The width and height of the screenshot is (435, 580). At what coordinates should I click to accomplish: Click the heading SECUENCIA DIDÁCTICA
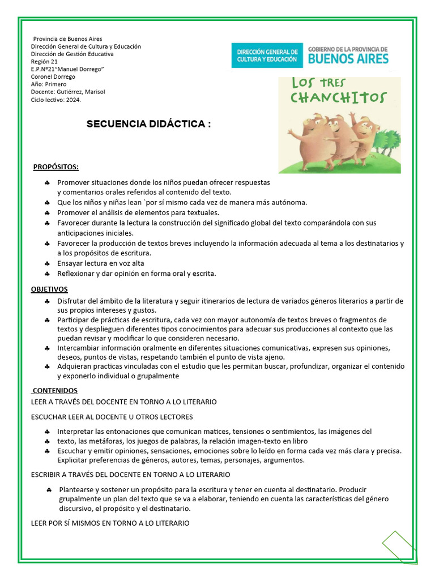tap(148, 124)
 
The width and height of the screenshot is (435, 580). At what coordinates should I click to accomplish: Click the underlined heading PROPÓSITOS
tap(56, 167)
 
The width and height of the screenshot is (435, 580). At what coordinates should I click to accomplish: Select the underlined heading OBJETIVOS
tap(49, 289)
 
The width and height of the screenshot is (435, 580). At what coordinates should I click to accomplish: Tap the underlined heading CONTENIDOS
tap(55, 391)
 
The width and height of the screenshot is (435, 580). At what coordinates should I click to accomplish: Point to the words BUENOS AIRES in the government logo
tap(348, 59)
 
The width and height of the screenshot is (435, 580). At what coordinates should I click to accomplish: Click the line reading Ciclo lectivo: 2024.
tap(56, 100)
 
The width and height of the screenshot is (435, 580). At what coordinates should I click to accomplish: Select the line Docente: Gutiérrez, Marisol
tap(68, 92)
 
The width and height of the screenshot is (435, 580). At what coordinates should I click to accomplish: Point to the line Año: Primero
tap(49, 84)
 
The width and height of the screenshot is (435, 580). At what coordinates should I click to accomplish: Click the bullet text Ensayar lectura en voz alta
tap(100, 263)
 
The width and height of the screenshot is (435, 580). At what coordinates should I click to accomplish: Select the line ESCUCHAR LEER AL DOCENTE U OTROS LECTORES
tap(112, 417)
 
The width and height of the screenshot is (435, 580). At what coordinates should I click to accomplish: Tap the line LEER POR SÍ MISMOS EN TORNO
tap(110, 523)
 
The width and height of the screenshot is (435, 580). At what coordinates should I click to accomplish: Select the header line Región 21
tap(44, 62)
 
